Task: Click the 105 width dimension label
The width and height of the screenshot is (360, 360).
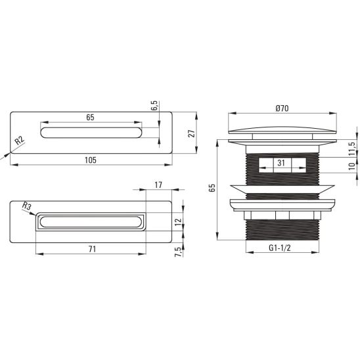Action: [91, 160]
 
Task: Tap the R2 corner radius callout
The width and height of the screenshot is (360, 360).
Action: [20, 141]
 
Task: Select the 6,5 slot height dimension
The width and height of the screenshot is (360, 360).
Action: [154, 105]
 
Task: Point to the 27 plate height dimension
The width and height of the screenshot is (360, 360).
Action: [191, 133]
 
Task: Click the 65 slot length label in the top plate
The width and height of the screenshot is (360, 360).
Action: [90, 118]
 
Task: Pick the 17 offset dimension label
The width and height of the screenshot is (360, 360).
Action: [158, 185]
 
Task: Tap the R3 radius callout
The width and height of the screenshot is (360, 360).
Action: [27, 206]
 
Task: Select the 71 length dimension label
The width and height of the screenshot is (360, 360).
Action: [92, 249]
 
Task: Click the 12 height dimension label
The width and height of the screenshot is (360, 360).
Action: [179, 221]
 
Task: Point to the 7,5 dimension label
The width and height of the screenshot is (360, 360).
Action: [179, 252]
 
